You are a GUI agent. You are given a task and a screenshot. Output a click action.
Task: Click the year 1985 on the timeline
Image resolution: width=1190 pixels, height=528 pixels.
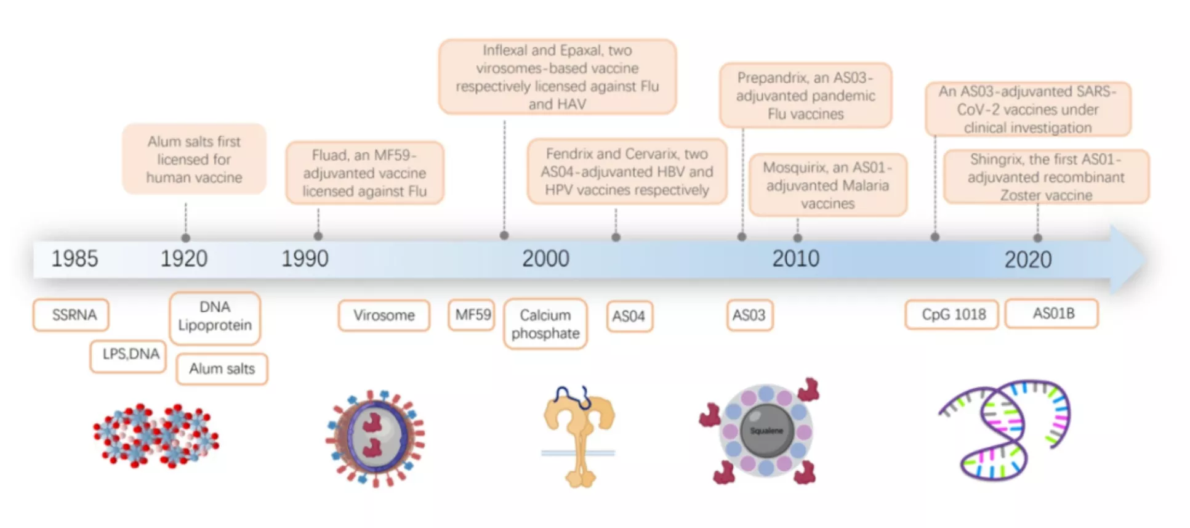pos(74,259)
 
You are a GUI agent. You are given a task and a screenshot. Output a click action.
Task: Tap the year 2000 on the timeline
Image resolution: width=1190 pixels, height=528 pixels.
pos(545,259)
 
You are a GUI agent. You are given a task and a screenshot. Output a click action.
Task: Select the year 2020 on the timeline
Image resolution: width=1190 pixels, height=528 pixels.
pos(1027,259)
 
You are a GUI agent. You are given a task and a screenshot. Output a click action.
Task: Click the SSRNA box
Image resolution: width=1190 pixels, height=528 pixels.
pos(71,315)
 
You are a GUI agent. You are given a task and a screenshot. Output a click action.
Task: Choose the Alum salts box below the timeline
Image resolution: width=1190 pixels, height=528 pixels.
pos(222,368)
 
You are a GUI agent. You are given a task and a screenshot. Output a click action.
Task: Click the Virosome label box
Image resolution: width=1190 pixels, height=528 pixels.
pos(384,315)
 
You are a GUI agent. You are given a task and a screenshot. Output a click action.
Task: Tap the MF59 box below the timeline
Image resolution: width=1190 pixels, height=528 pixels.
pos(472,315)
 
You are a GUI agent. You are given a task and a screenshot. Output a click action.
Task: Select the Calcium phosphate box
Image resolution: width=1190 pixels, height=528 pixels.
pos(545,324)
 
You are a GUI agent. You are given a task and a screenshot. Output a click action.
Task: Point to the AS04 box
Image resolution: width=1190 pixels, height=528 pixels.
pos(629,316)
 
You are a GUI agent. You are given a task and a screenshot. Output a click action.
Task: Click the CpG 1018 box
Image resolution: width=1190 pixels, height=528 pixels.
pos(952,315)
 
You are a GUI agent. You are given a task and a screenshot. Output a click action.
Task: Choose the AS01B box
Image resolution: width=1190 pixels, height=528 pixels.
pos(1052,314)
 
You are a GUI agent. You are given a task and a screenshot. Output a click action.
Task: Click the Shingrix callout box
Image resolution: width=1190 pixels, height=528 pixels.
pos(1045,177)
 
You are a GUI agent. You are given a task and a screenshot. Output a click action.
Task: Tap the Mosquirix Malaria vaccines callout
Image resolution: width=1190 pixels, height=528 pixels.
pos(827,185)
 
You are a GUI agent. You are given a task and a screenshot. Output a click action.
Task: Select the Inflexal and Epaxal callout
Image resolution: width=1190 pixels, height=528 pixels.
pos(557,77)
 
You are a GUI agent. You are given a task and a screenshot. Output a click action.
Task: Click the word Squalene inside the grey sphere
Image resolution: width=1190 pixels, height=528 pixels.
pos(766,431)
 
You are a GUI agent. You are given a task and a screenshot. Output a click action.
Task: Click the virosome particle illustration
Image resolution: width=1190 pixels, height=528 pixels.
pos(375,437)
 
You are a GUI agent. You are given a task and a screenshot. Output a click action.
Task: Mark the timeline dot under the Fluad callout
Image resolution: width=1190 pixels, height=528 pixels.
pos(318,236)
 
